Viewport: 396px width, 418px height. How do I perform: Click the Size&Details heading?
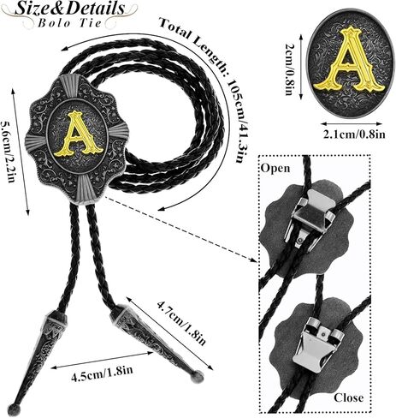pyautogui.click(x=69, y=9)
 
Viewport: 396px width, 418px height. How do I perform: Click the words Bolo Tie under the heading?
pyautogui.click(x=70, y=22)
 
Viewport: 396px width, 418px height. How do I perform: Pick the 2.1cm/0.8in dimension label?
pyautogui.click(x=354, y=134)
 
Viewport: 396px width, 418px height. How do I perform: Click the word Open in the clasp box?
pyautogui.click(x=275, y=168)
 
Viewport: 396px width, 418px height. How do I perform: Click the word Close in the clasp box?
pyautogui.click(x=349, y=397)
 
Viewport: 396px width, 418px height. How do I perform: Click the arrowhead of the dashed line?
pyautogui.click(x=253, y=259)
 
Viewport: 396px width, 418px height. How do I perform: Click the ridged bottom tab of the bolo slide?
pyautogui.click(x=86, y=190)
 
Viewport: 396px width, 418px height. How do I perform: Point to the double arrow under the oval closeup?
pyautogui.click(x=352, y=123)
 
